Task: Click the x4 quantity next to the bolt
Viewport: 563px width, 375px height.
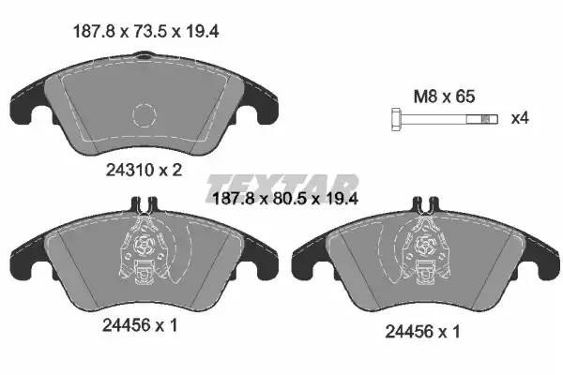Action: [x=520, y=119]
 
